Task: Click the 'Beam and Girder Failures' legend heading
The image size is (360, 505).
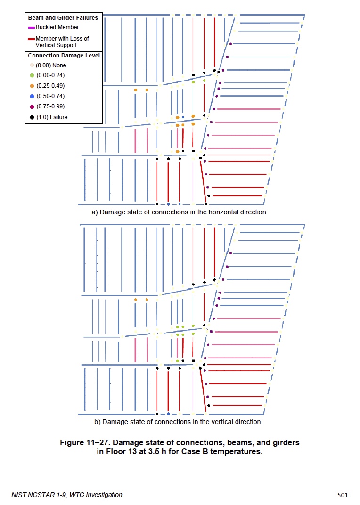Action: pyautogui.click(x=63, y=18)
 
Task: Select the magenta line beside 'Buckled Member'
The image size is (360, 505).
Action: pyautogui.click(x=32, y=28)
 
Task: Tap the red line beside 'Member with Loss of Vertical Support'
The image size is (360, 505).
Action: pyautogui.click(x=32, y=39)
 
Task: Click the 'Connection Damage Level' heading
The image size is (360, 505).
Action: pyautogui.click(x=64, y=56)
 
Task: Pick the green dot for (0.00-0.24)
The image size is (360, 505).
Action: pyautogui.click(x=32, y=75)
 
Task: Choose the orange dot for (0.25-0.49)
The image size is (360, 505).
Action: pyautogui.click(x=32, y=86)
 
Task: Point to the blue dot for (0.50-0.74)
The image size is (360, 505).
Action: pyautogui.click(x=32, y=96)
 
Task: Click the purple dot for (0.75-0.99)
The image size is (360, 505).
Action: pyautogui.click(x=32, y=106)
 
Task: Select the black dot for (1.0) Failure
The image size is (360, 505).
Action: pyautogui.click(x=32, y=117)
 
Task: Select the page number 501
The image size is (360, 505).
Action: pyautogui.click(x=343, y=495)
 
